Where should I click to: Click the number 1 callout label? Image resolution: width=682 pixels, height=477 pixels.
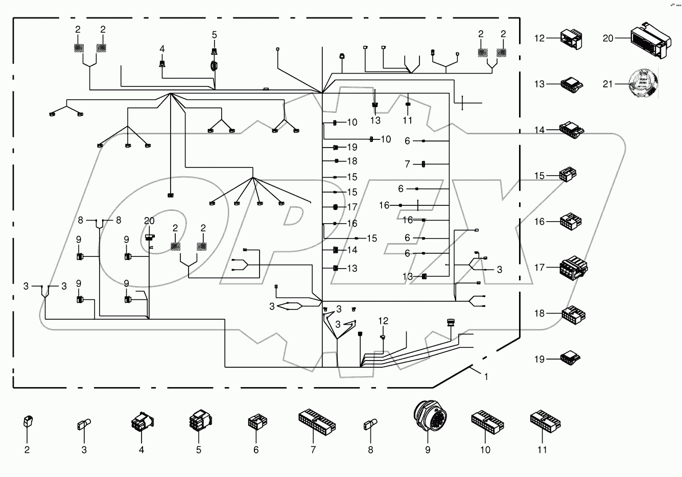click(x=486, y=376)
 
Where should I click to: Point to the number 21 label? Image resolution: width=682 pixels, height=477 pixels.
click(x=607, y=84)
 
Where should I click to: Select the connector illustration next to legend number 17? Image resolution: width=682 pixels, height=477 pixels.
click(x=573, y=267)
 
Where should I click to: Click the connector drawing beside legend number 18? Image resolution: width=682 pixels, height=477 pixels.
click(x=573, y=313)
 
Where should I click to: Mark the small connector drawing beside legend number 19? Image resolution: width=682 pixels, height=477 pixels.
click(x=570, y=359)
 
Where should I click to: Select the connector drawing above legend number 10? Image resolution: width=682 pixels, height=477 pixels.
click(x=486, y=422)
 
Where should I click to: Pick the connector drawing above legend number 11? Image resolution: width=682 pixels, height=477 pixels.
click(x=545, y=421)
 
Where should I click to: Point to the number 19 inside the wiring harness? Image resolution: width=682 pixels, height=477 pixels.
click(x=352, y=147)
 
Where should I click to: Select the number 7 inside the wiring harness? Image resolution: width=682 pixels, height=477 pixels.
click(x=407, y=164)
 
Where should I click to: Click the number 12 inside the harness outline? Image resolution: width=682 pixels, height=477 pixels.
click(x=383, y=321)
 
